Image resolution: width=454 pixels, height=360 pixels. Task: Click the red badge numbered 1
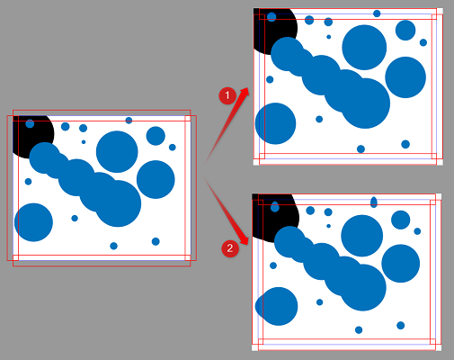pyautogui.click(x=228, y=94)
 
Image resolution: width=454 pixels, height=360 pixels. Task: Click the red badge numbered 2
pyautogui.click(x=230, y=247)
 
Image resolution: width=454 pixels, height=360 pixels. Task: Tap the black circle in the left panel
pyautogui.click(x=31, y=131)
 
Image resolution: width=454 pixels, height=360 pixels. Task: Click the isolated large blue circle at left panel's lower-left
pyautogui.click(x=33, y=222)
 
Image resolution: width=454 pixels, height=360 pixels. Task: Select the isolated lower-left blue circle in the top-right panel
pyautogui.click(x=275, y=123)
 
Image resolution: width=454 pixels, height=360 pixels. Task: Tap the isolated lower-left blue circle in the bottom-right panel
pyautogui.click(x=278, y=306)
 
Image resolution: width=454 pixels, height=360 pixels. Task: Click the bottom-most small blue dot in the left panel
pyautogui.click(x=113, y=246)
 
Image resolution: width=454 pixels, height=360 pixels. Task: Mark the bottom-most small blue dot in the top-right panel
pyautogui.click(x=361, y=148)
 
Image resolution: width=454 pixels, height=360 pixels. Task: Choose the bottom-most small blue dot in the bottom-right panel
pyautogui.click(x=358, y=329)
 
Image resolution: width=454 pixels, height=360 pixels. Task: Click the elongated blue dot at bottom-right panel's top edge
pyautogui.click(x=374, y=202)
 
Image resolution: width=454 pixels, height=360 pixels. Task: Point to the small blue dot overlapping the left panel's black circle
pyautogui.click(x=30, y=124)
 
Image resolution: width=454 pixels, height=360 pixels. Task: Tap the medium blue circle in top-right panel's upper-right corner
pyautogui.click(x=405, y=30)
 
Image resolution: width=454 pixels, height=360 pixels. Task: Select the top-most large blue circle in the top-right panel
pyautogui.click(x=364, y=47)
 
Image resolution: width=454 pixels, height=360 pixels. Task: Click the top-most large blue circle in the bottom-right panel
pyautogui.click(x=362, y=236)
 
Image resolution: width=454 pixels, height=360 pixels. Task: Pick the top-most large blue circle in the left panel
pyautogui.click(x=117, y=151)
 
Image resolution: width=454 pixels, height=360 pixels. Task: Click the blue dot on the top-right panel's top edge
pyautogui.click(x=377, y=13)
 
